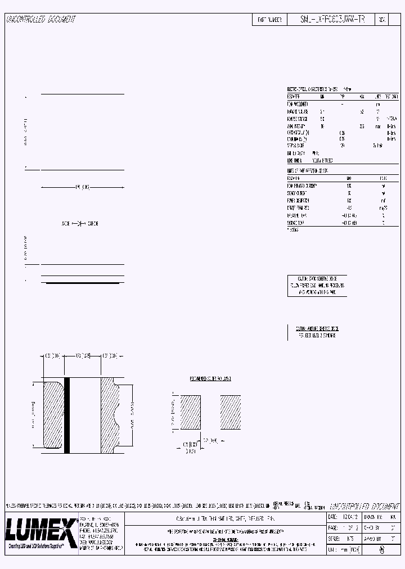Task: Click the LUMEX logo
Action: (40, 529)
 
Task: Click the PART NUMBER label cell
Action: (269, 19)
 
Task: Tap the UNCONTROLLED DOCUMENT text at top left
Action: (40, 20)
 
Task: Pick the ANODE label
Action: (65, 224)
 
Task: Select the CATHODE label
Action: (92, 224)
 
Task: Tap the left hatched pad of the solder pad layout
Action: (188, 412)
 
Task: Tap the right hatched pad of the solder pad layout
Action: (230, 412)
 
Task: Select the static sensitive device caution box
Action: (317, 285)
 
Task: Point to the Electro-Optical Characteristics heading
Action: (313, 89)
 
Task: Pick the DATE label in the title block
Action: (332, 516)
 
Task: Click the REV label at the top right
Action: (381, 19)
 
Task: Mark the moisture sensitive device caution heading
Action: (317, 328)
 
